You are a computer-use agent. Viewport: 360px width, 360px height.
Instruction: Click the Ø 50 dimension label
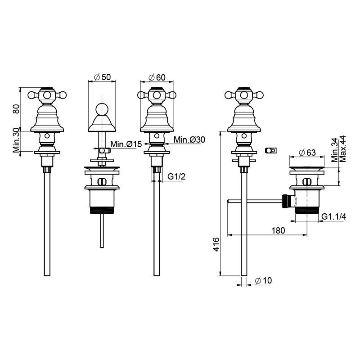pyautogui.click(x=103, y=77)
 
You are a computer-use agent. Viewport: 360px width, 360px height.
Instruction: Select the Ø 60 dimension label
pyautogui.click(x=157, y=77)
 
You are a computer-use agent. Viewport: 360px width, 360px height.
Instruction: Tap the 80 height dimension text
pyautogui.click(x=16, y=108)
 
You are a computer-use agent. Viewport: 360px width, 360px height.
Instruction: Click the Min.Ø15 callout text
pyautogui.click(x=126, y=144)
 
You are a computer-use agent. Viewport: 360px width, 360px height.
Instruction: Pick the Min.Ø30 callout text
pyautogui.click(x=189, y=139)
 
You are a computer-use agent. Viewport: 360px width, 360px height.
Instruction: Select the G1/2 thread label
pyautogui.click(x=176, y=176)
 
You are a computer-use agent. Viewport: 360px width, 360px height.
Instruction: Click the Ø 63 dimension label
pyautogui.click(x=307, y=153)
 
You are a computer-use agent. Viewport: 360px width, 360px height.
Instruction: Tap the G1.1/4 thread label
pyautogui.click(x=333, y=216)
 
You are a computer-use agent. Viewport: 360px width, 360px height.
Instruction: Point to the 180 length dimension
pyautogui.click(x=278, y=230)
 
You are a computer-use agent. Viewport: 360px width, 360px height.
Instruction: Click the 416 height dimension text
pyautogui.click(x=216, y=244)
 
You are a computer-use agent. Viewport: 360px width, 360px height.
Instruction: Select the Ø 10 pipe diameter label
pyautogui.click(x=263, y=280)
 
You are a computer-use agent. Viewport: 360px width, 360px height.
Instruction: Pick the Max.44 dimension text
pyautogui.click(x=342, y=149)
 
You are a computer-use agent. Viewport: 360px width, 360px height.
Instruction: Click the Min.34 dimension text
pyautogui.click(x=335, y=150)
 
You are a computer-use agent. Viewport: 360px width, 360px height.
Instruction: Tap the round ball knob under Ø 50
pyautogui.click(x=102, y=108)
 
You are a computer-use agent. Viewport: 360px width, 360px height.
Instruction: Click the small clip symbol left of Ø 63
pyautogui.click(x=271, y=150)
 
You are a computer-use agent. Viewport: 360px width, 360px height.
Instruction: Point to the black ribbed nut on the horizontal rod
pyautogui.click(x=285, y=201)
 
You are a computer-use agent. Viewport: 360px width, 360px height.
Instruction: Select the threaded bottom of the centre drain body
pyautogui.click(x=102, y=211)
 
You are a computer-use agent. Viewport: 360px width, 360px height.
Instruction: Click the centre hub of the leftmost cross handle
pyautogui.click(x=47, y=95)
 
